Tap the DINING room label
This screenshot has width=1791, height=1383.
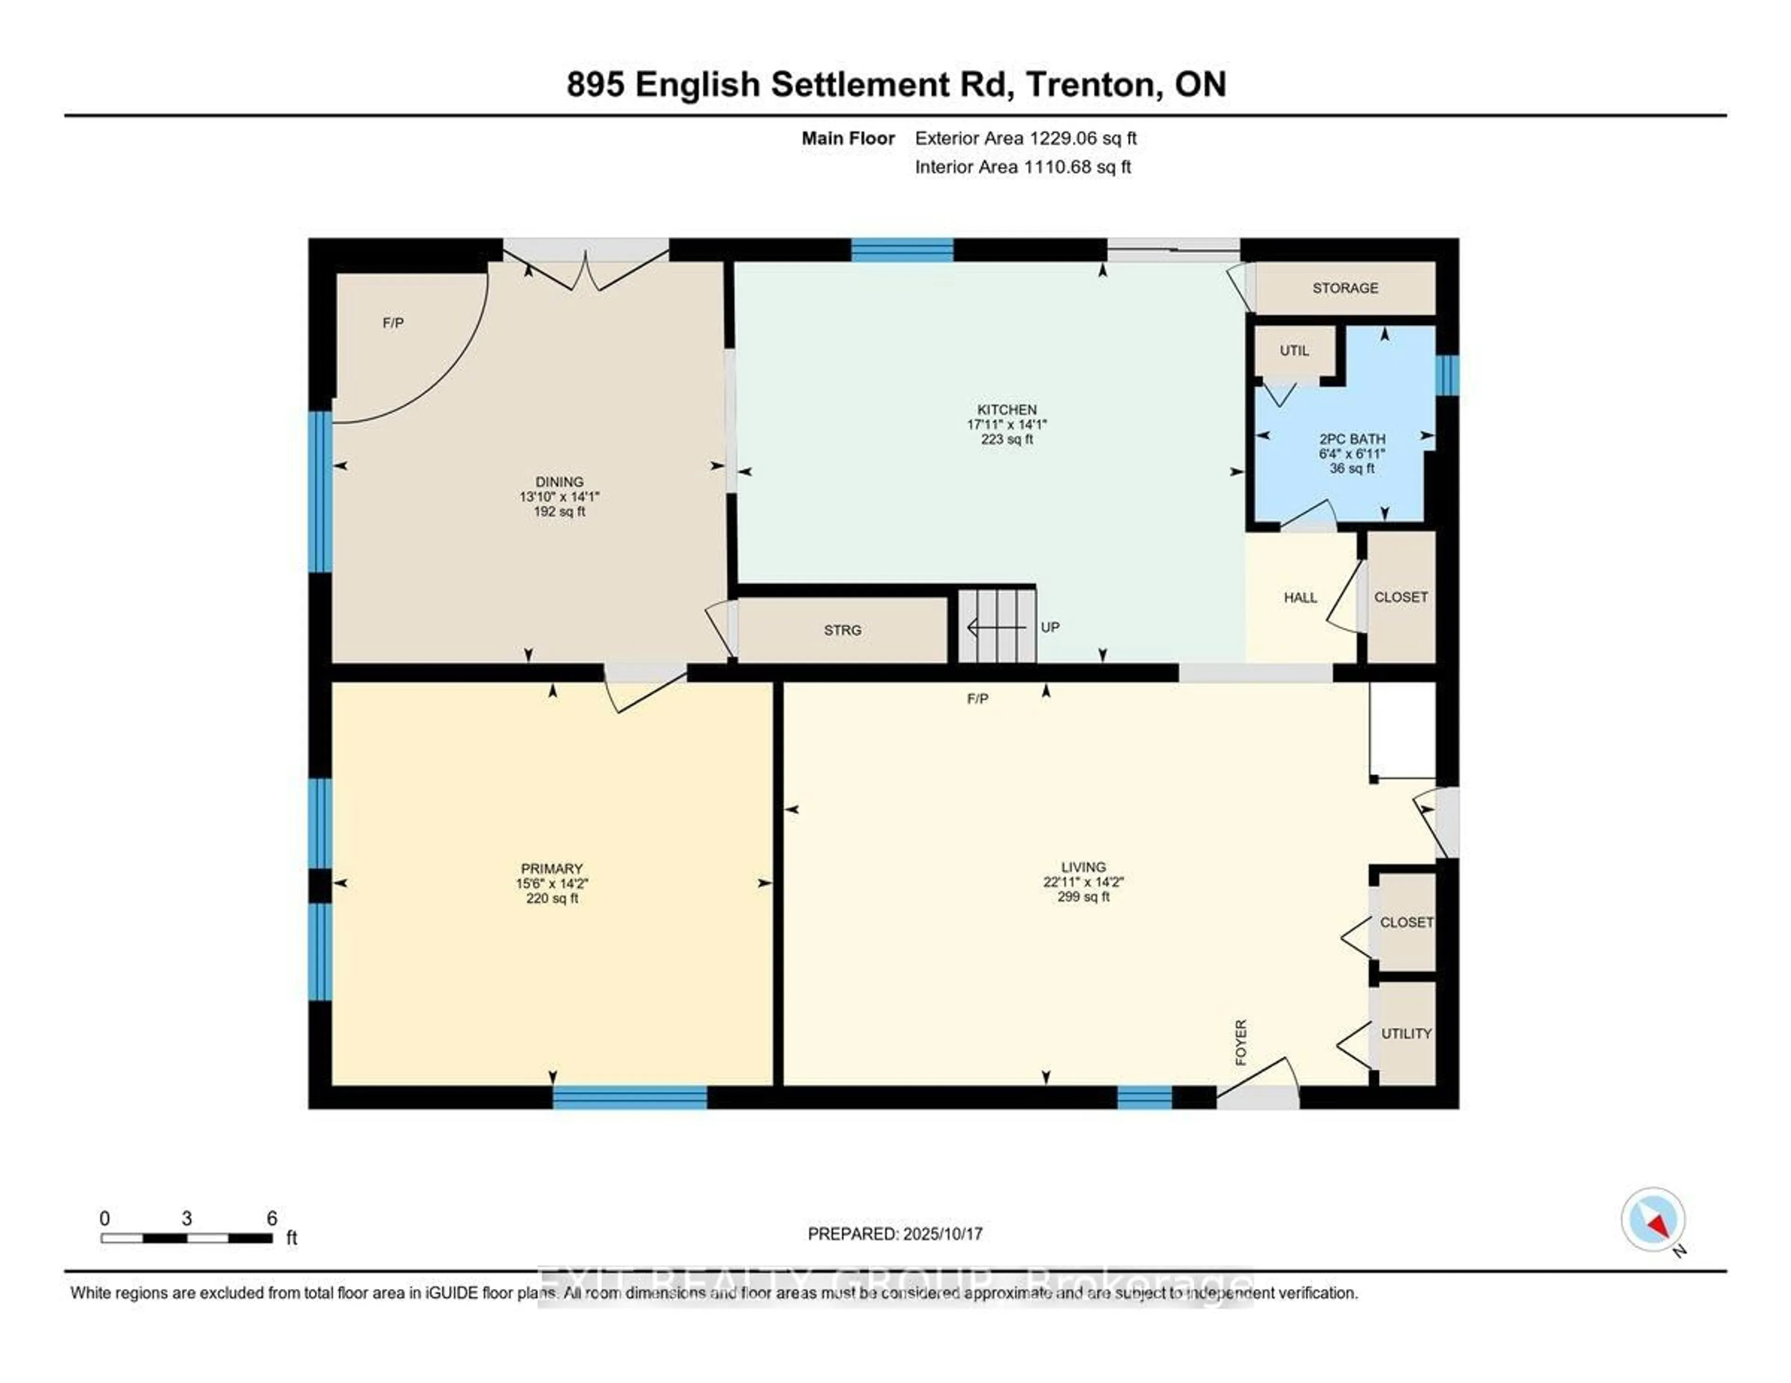tap(559, 482)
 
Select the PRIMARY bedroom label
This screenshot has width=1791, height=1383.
tap(551, 868)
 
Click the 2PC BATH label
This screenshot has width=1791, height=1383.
tap(1352, 439)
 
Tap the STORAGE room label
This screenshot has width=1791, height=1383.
tap(1345, 288)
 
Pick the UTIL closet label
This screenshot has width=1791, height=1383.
tap(1294, 351)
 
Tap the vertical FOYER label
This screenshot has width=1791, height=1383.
tap(1241, 1043)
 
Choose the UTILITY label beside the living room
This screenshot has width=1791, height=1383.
tap(1406, 1034)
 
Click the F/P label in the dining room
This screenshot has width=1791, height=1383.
tap(393, 323)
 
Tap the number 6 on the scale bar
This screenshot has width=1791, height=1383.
tap(271, 1218)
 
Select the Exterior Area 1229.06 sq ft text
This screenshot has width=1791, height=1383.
tap(1025, 138)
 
